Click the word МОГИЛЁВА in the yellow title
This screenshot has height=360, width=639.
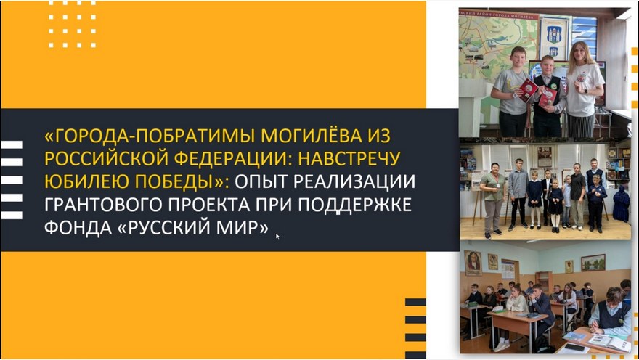coord(312,136)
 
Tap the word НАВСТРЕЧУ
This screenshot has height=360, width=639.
coord(349,159)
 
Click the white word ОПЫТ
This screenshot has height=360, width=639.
coord(261,181)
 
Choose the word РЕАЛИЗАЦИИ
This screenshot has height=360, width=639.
coord(354,181)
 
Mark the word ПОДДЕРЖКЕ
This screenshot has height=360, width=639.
coord(354,205)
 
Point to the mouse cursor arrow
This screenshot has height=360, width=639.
coord(277,236)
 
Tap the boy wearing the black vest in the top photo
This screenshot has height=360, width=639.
coord(548,98)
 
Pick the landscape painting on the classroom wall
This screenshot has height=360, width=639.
coord(593,263)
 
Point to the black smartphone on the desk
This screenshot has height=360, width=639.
coord(575,348)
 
